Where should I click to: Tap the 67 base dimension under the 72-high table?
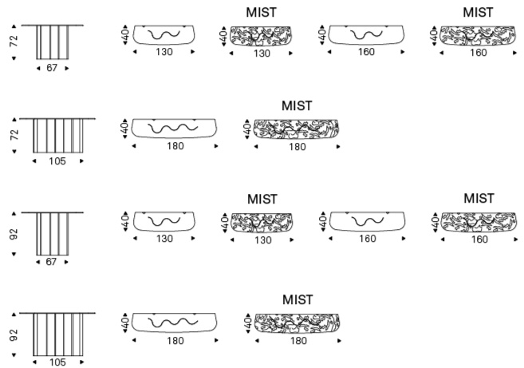(x=52, y=68)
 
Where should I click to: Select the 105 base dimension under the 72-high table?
(x=57, y=160)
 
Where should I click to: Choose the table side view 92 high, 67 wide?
(x=52, y=232)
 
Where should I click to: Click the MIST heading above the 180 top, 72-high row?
(x=297, y=105)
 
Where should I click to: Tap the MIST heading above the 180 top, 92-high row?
(x=297, y=299)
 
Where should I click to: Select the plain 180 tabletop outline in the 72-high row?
(x=175, y=129)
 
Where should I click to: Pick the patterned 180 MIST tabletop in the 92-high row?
(x=296, y=322)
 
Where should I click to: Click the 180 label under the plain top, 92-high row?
(x=175, y=341)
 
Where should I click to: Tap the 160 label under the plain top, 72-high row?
(x=367, y=53)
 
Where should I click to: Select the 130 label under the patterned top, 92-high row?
(x=262, y=239)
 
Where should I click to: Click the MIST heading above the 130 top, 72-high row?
(x=262, y=12)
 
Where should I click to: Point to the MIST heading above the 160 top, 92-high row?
(x=479, y=197)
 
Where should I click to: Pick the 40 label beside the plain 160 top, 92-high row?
(x=323, y=222)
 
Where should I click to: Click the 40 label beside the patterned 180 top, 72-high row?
(x=247, y=129)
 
